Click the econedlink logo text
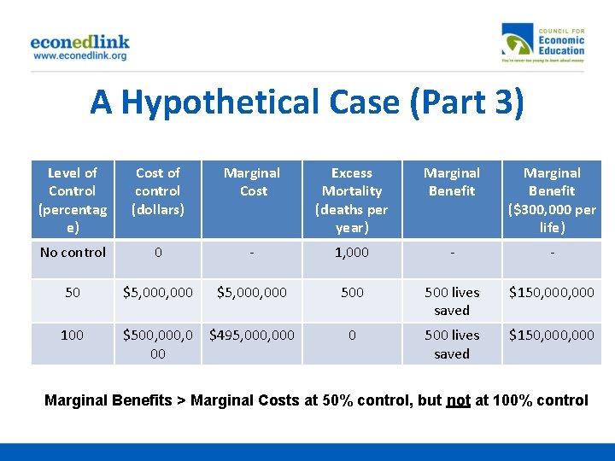point(79,41)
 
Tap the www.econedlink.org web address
point(79,55)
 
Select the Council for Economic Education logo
point(543,44)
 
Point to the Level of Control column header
point(72,200)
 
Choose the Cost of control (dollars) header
point(157,191)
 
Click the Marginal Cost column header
point(252,182)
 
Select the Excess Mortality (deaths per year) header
point(352,200)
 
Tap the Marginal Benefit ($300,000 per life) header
point(552,200)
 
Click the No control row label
point(73,253)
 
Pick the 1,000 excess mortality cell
point(352,253)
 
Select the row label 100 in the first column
point(72,335)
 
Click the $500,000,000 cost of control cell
point(157,344)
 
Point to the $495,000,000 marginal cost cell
point(252,335)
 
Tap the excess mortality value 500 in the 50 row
point(352,292)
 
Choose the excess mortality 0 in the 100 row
point(352,335)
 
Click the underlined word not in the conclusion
point(458,400)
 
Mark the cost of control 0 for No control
point(157,253)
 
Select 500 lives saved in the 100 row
point(452,344)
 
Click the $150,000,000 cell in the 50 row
point(552,292)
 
